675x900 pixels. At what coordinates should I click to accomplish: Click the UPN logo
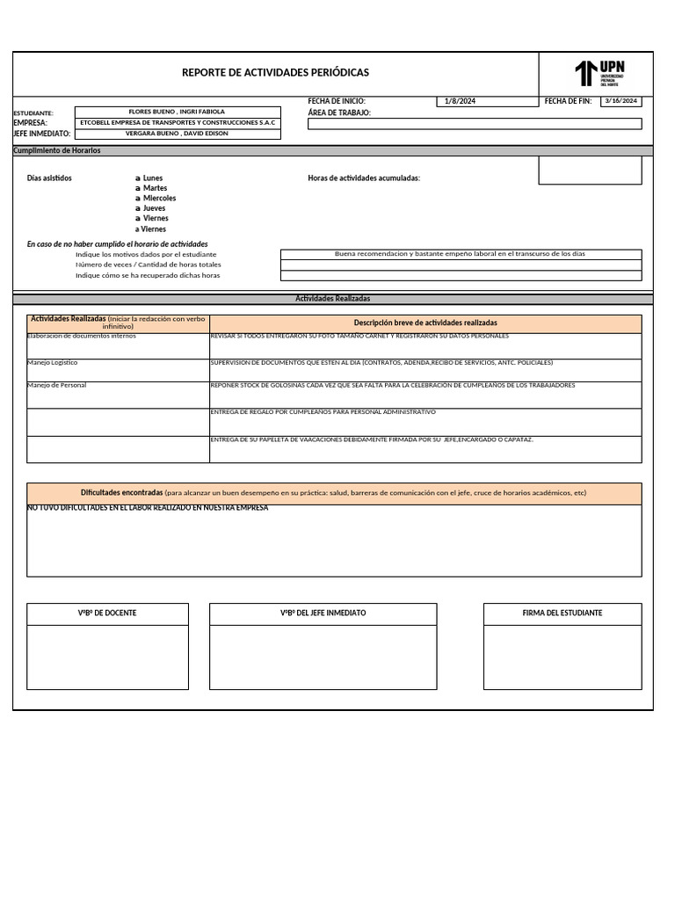point(599,73)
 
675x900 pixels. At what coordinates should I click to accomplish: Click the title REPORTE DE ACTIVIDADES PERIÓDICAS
point(275,73)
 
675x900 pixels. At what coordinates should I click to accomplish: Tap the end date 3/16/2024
point(621,101)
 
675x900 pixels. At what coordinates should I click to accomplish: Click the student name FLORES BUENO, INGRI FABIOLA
point(177,112)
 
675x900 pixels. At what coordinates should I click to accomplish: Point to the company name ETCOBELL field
point(177,123)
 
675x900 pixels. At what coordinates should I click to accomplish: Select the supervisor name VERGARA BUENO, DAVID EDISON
point(177,134)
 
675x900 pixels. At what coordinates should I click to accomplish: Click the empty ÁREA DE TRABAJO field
point(475,124)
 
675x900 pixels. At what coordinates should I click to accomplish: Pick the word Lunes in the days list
point(153,178)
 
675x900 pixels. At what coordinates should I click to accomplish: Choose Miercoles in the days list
point(159,199)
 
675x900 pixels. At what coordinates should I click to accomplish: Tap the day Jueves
point(154,208)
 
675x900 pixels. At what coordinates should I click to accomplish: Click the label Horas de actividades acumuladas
point(364,178)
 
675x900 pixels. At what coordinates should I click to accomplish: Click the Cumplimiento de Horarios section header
point(57,151)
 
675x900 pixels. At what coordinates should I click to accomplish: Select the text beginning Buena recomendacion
point(460,254)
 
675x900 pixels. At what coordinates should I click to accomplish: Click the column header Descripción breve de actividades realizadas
point(425,323)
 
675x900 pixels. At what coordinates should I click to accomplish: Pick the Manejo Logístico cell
point(53,362)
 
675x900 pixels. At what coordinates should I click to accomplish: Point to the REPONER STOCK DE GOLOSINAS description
point(393,386)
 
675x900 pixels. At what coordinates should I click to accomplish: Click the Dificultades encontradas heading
point(121,493)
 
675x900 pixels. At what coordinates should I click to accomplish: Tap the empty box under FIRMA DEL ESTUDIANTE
point(562,657)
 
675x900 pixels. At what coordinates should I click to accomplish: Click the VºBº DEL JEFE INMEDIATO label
point(323,613)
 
